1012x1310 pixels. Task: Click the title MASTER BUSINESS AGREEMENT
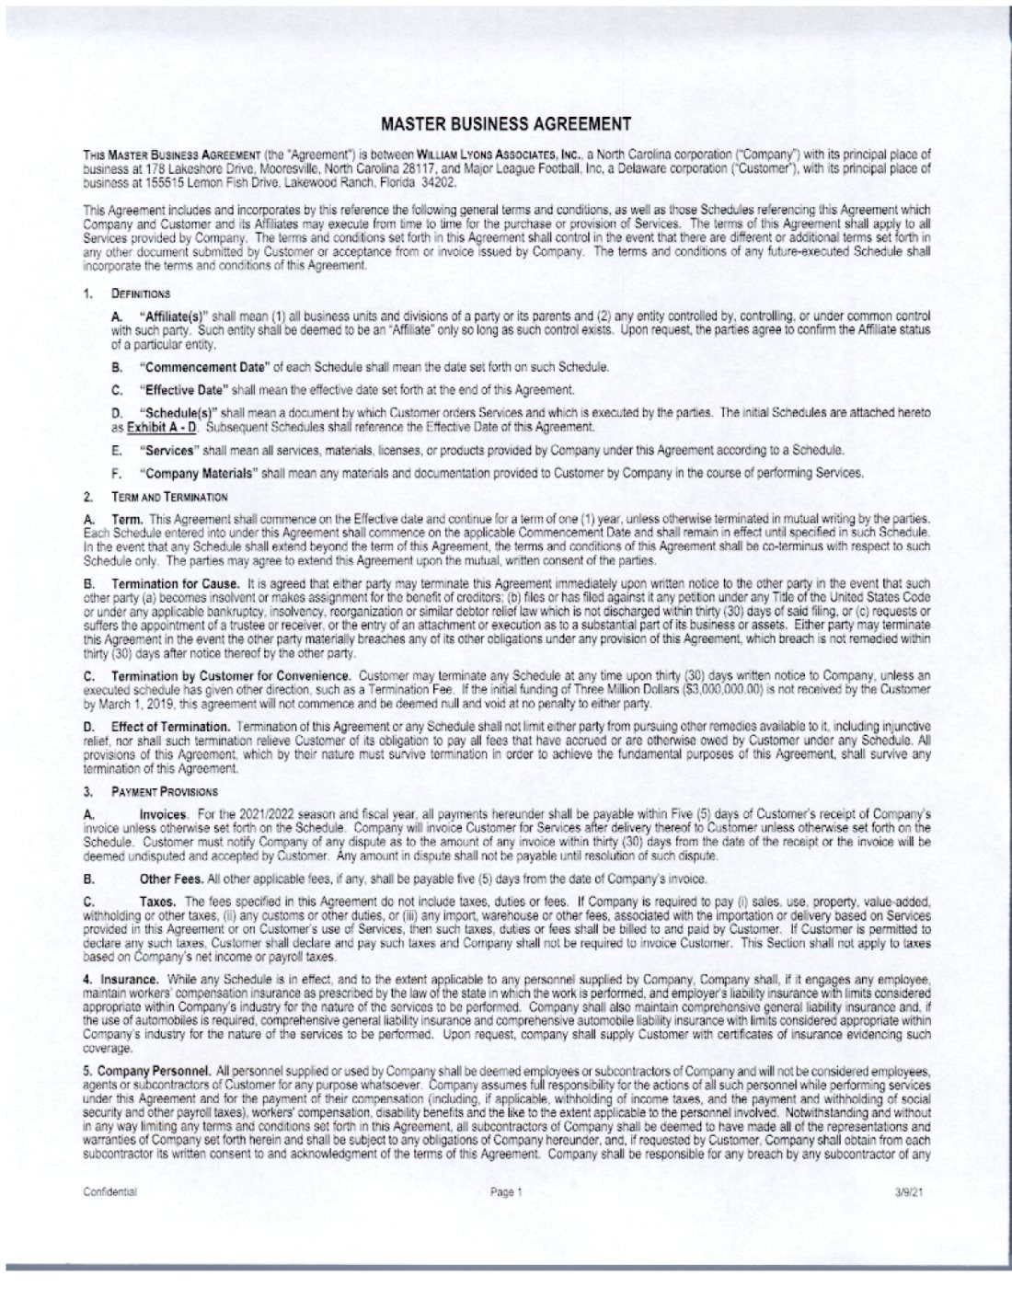coord(505,123)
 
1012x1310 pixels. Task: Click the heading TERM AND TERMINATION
coord(169,497)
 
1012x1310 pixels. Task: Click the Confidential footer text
coord(109,1191)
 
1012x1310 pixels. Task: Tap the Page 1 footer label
coord(506,1191)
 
